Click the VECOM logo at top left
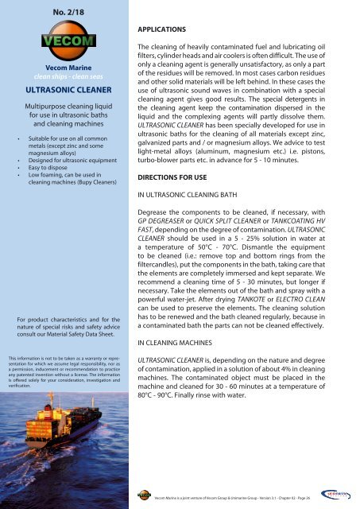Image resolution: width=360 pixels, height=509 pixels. (x=66, y=41)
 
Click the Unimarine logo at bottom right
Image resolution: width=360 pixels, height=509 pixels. (x=337, y=495)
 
